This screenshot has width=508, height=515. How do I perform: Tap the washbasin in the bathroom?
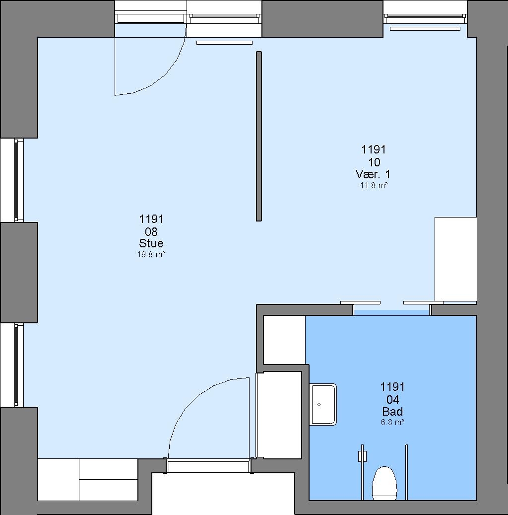pos(323,404)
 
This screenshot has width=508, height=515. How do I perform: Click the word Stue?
pos(151,243)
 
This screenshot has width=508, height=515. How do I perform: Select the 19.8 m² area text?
pos(151,254)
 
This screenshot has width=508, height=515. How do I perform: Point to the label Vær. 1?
pos(373,174)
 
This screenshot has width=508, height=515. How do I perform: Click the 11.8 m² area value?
pos(374,185)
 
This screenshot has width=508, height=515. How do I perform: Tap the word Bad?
pos(392,412)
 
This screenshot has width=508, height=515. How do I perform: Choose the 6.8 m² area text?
pos(392,422)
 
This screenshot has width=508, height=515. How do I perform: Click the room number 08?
pos(151,231)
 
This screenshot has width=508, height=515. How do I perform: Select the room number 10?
pos(374,162)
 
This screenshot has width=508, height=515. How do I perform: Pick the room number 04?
pos(392,399)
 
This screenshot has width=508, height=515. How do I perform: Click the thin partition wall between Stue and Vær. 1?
pos(259,136)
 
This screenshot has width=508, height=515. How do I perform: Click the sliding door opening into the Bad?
pos(391,310)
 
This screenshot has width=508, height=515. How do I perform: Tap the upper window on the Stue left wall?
pos(19,180)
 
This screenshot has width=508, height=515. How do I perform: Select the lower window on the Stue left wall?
pos(19,365)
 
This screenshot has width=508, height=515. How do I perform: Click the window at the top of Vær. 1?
pos(425,18)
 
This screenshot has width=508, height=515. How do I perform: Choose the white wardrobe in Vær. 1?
pos(455,259)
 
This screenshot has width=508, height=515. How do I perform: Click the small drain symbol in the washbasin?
pos(318,404)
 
